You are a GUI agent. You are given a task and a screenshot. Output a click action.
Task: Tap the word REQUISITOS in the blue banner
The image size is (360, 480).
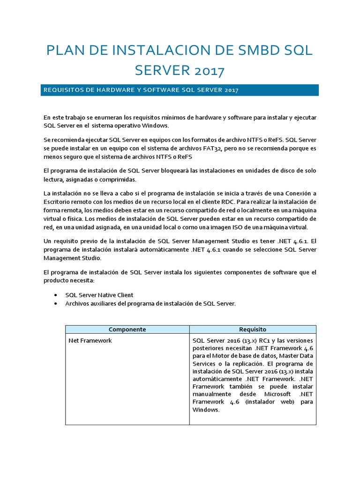coord(61,90)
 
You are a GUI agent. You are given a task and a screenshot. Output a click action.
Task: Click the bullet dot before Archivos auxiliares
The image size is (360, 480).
coord(56,304)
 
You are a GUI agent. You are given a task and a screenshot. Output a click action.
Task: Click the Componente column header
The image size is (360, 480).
coord(127,330)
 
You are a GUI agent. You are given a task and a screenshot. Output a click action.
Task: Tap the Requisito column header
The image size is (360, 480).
coord(253,330)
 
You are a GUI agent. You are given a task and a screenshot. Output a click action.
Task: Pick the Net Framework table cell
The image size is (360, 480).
coord(90,340)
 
